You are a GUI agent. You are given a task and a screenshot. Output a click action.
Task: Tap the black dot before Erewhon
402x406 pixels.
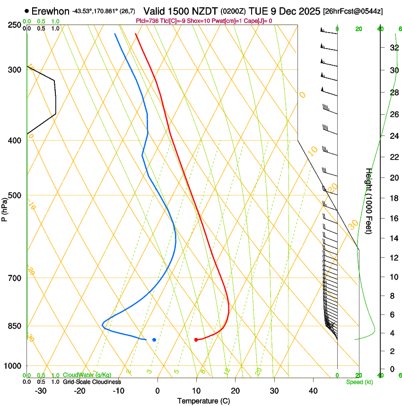pos(27,11)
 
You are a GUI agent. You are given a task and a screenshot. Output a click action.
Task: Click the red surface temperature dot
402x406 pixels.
pos(196,339)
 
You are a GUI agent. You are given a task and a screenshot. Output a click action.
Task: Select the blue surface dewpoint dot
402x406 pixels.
pos(154,339)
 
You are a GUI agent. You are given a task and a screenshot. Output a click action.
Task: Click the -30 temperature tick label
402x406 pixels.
pos(41,391)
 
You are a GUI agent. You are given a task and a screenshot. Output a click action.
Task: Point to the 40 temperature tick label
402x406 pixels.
pos(313,391)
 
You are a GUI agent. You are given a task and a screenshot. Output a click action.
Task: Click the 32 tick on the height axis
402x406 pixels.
pos(393,48)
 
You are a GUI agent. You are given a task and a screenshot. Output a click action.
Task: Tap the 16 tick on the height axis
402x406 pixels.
pos(393,218)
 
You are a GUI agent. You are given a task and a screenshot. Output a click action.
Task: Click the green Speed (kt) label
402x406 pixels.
pos(359,382)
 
